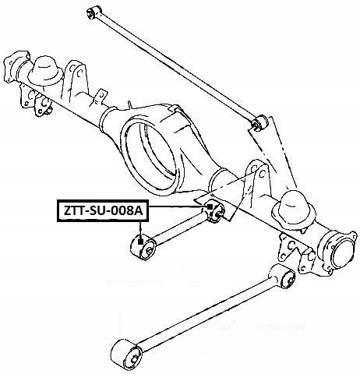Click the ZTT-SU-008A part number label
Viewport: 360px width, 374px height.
click(x=103, y=210)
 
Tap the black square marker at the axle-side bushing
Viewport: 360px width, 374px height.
click(x=210, y=206)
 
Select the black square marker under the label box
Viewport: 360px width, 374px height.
click(x=140, y=242)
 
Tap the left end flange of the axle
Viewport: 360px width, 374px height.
click(x=16, y=66)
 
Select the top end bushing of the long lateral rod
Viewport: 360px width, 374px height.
click(x=94, y=12)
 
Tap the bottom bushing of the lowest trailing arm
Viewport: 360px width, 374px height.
click(x=126, y=354)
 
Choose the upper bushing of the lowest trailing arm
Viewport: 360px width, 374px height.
click(x=285, y=278)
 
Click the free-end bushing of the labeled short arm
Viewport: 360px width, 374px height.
click(x=143, y=246)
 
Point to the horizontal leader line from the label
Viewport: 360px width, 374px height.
click(x=178, y=206)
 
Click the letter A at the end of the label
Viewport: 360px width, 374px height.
click(x=139, y=210)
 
